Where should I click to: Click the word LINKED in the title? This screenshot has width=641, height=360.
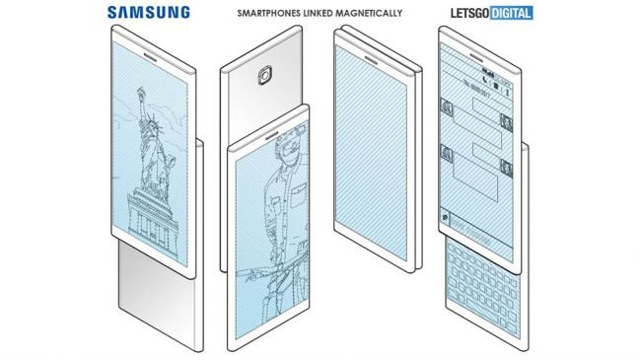[x=322, y=14]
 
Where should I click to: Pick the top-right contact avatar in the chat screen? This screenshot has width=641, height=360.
[x=504, y=121]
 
